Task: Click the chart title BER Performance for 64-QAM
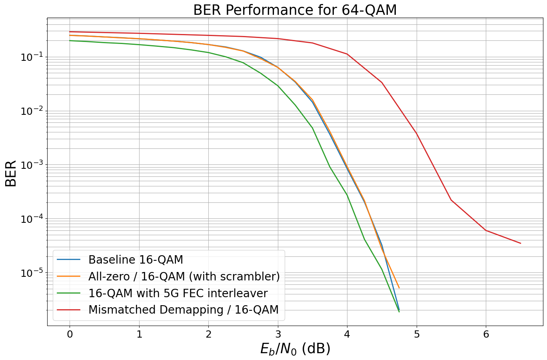coord(295,10)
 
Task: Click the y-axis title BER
coord(11,173)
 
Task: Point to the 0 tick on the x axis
coord(70,334)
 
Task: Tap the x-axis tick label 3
coord(278,334)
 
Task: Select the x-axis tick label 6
coord(486,334)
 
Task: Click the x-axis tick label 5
coord(417,334)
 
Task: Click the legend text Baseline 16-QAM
coord(136,260)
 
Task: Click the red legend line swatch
coord(69,310)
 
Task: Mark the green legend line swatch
coord(69,293)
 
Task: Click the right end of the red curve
coord(521,243)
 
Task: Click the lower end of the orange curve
coord(399,288)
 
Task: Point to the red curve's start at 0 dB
coord(70,32)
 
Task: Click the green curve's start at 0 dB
coord(70,40)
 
